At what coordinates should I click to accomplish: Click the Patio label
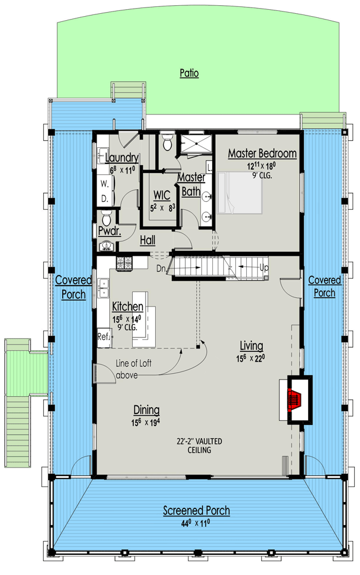(189, 73)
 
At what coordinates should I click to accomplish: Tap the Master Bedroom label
(262, 154)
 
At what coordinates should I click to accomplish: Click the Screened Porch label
(196, 510)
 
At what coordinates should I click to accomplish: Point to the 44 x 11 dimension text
(196, 522)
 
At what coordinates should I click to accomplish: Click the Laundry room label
(121, 158)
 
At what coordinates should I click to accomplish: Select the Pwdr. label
(109, 231)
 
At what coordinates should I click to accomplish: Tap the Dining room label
(147, 410)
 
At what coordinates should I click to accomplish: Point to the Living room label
(251, 346)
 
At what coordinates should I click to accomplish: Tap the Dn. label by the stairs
(162, 268)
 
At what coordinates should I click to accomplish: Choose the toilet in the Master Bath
(167, 141)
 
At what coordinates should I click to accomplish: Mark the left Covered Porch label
(74, 286)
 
